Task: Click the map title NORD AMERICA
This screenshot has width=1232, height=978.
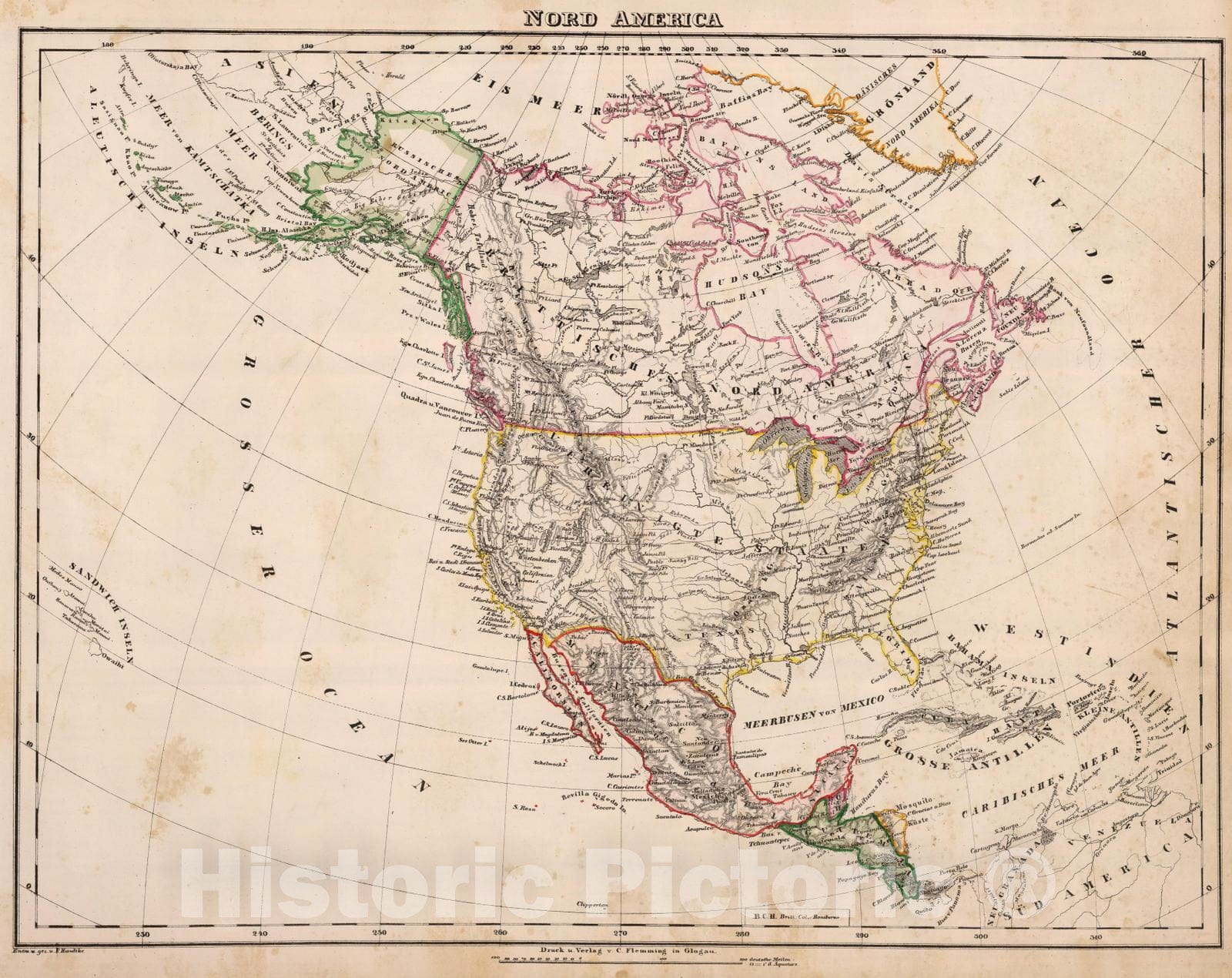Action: click(623, 18)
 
